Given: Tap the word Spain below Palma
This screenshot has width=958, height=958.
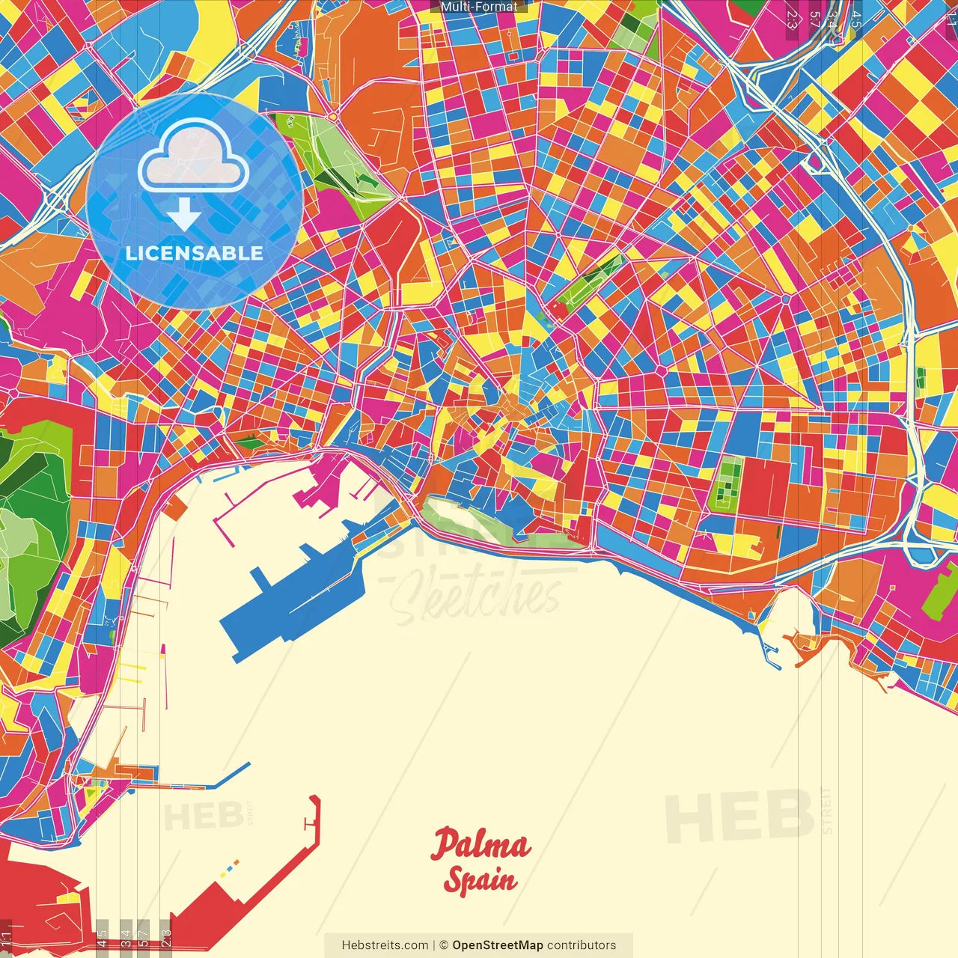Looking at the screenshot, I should (x=480, y=880).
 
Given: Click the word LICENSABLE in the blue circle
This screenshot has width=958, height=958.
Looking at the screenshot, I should (x=195, y=253).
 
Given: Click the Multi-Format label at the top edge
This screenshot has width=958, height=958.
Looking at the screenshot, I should (x=479, y=7).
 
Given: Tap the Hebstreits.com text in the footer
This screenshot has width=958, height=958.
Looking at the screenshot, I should (x=385, y=945).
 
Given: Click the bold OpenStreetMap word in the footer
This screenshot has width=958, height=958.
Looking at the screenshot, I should (x=498, y=945).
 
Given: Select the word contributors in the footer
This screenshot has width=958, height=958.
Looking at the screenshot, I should (x=582, y=945).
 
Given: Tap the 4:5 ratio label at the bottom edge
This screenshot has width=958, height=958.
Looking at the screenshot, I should (x=102, y=937).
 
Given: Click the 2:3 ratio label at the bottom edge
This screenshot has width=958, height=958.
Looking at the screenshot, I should (x=166, y=937).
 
